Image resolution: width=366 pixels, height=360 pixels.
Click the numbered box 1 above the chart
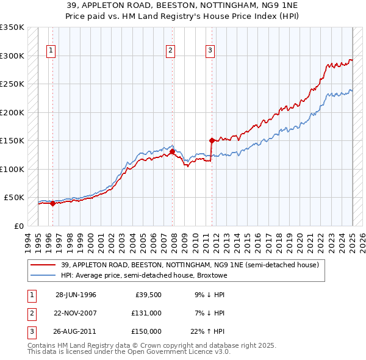pyautogui.click(x=49, y=51)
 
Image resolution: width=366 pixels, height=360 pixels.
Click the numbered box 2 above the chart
pyautogui.click(x=170, y=51)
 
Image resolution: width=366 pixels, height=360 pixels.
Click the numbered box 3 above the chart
pyautogui.click(x=209, y=51)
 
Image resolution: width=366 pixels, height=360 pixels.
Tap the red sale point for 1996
pyautogui.click(x=52, y=204)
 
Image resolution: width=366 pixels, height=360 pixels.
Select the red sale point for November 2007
pyautogui.click(x=173, y=151)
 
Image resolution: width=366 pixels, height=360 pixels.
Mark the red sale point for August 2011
pyautogui.click(x=212, y=141)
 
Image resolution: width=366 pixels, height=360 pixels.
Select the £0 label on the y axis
pyautogui.click(x=18, y=226)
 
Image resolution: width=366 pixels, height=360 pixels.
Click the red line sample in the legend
pyautogui.click(x=43, y=265)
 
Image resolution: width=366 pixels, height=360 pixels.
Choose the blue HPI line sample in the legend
pyautogui.click(x=43, y=275)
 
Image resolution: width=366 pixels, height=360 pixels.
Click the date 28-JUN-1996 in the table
pyautogui.click(x=76, y=295)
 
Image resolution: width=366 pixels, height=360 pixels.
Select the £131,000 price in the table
pyautogui.click(x=146, y=313)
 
